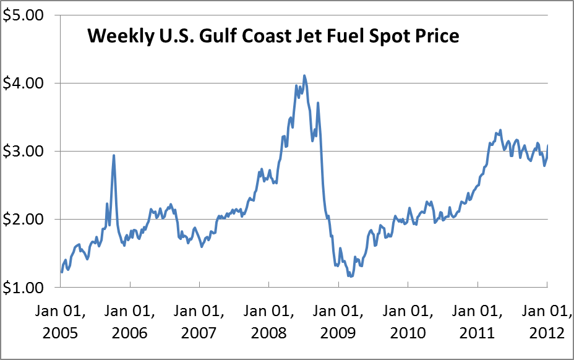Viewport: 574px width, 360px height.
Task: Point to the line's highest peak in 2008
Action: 304,75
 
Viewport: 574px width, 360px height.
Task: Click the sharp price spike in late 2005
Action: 114,155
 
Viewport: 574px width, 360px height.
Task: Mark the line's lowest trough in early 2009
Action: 351,276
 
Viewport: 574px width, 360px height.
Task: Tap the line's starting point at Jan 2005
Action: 61,272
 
